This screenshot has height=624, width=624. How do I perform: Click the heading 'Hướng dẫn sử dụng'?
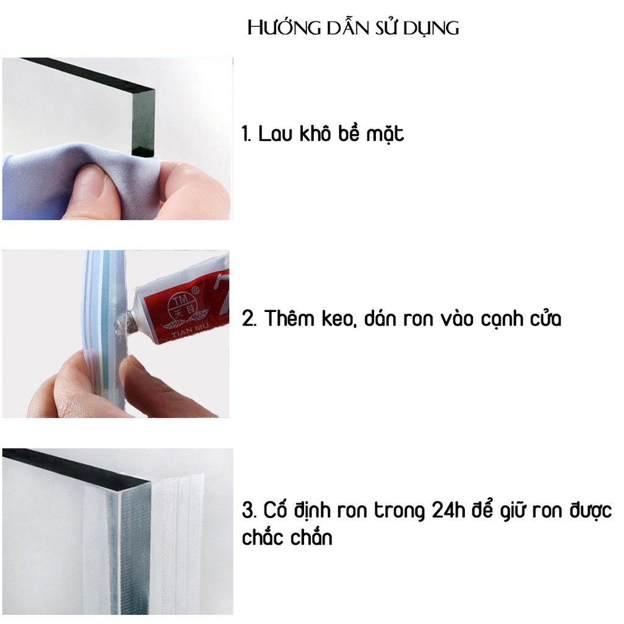pos(353,28)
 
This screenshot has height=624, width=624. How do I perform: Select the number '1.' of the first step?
pos(247,133)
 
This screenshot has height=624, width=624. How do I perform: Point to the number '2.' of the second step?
pos(249,319)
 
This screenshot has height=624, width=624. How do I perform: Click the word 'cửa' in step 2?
pos(545,318)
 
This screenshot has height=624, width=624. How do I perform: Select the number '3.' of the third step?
pos(249,510)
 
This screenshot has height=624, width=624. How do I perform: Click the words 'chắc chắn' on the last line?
pos(287,537)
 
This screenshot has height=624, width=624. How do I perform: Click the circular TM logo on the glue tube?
pos(180,305)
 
